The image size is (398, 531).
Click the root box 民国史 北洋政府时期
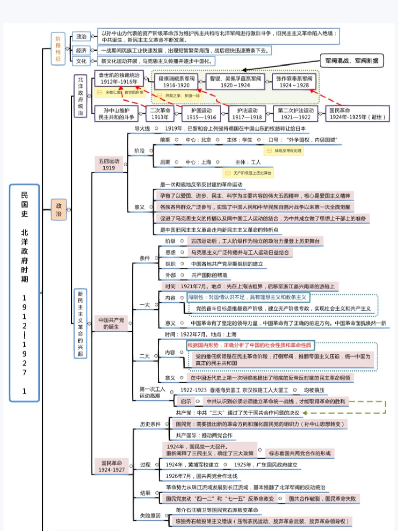(x=24, y=293)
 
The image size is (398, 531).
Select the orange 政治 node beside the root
(x=59, y=209)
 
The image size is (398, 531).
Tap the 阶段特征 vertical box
(x=58, y=49)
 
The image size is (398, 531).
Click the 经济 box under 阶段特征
(x=81, y=51)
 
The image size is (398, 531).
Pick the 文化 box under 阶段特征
(x=81, y=61)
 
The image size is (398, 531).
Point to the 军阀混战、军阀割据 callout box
(x=352, y=61)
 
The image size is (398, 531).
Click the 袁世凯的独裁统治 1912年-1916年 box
(x=119, y=79)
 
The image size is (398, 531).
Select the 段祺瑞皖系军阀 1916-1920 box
(x=176, y=82)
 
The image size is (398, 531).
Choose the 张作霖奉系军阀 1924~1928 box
(x=294, y=82)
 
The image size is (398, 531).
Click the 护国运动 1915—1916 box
(x=201, y=114)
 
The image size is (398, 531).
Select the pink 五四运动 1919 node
(x=109, y=164)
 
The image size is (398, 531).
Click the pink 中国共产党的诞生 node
(x=111, y=323)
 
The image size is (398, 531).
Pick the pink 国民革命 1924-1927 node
(x=111, y=466)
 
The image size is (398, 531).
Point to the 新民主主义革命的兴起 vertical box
(x=80, y=324)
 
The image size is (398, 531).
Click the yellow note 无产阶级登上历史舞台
(x=248, y=173)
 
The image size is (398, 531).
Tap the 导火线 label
(x=142, y=129)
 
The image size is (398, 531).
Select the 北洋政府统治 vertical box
(x=80, y=96)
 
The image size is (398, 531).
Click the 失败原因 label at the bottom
(x=150, y=516)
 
